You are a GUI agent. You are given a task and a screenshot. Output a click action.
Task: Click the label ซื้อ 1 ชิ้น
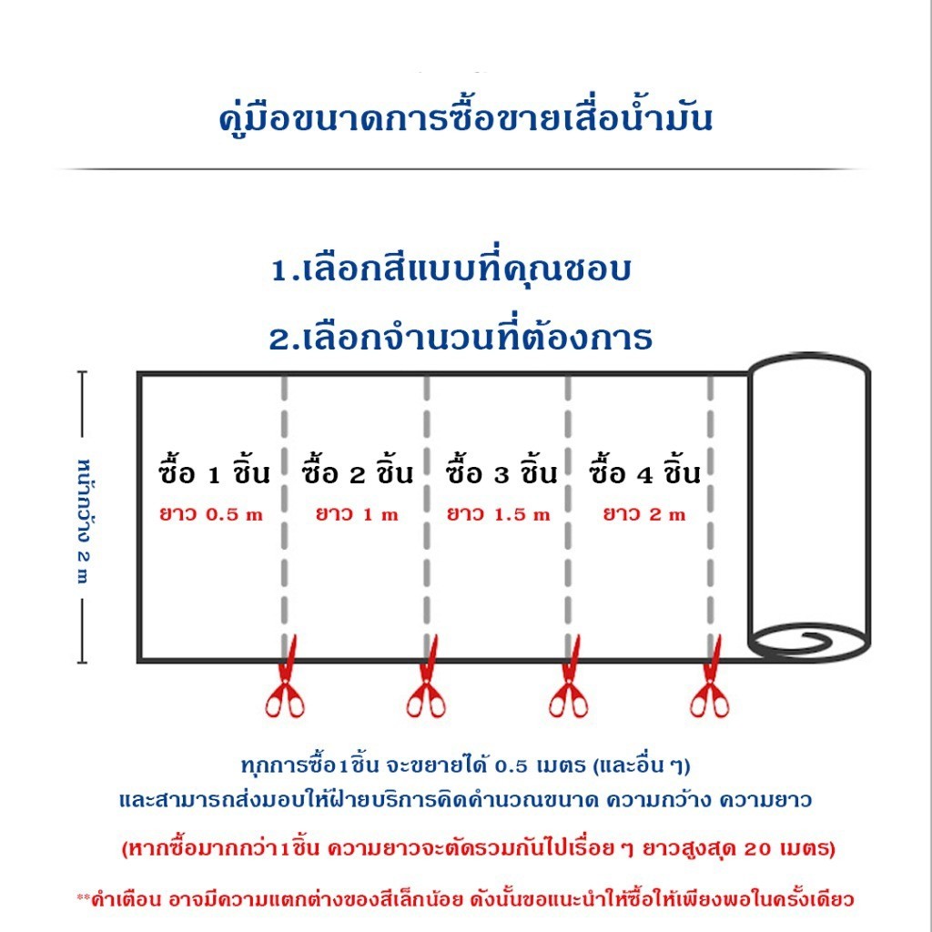[215, 471]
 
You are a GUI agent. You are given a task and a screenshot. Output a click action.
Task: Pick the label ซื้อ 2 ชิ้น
[357, 471]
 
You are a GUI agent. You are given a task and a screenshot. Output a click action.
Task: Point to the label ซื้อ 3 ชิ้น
[501, 471]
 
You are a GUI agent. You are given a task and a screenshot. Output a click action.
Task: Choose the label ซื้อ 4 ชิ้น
[645, 471]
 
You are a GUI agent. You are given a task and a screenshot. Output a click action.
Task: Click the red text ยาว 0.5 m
[211, 514]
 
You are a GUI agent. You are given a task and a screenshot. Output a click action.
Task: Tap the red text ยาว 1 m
[357, 514]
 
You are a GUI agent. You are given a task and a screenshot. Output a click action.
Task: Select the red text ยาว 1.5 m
[499, 514]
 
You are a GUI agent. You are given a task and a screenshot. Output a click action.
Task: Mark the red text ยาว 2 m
[644, 514]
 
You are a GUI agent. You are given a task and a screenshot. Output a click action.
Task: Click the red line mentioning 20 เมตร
[479, 847]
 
